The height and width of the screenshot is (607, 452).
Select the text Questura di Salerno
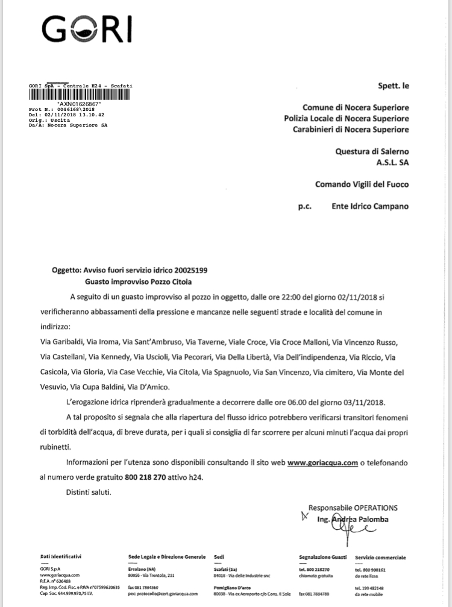pos(371,152)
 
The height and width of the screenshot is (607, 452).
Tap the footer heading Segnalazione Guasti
pos(323,557)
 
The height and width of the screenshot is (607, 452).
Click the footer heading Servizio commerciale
pos(380,557)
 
